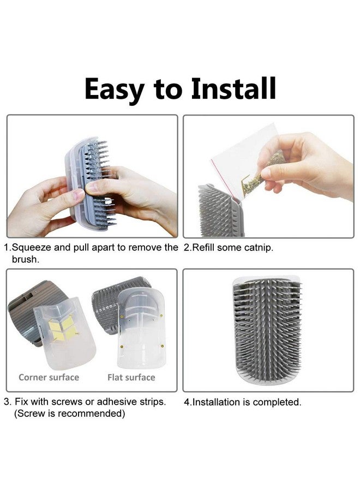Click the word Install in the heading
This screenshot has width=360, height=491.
(233, 88)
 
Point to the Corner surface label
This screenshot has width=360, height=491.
(49, 378)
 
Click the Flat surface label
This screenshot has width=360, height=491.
(131, 378)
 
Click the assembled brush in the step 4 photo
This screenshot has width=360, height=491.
(267, 331)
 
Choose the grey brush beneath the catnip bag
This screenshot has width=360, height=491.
(220, 211)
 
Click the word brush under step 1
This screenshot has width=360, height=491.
(26, 260)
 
